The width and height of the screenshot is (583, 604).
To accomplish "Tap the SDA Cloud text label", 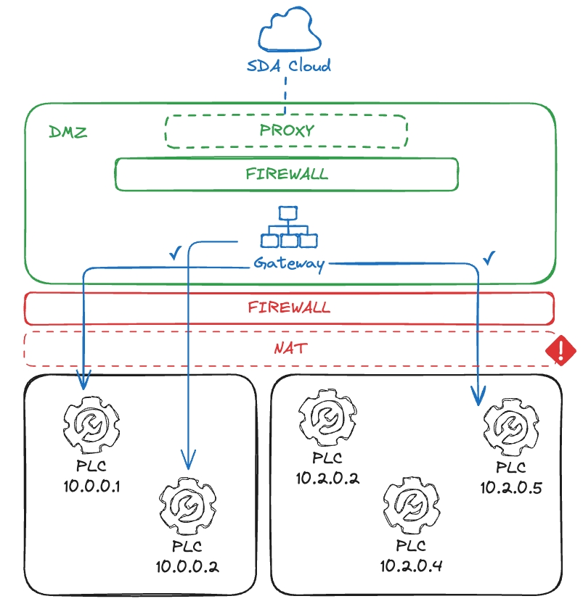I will click(288, 66).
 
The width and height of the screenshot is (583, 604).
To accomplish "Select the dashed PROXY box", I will click(286, 131).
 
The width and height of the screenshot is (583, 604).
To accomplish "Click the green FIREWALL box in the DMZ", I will click(286, 174).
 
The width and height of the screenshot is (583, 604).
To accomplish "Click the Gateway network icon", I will click(288, 228).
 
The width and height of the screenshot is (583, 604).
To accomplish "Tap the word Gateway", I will click(288, 263).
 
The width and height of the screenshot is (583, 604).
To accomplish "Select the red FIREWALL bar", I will click(289, 307).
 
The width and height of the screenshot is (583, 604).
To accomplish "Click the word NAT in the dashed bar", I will click(289, 349).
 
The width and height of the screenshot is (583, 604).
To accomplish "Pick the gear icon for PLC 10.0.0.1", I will click(91, 424).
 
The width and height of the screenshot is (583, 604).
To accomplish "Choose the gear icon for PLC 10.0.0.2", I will click(187, 508).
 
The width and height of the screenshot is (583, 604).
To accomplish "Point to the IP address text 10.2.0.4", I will click(410, 564).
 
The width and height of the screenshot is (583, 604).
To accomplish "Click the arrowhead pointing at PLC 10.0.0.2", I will click(187, 459).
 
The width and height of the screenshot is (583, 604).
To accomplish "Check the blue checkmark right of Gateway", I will click(489, 257).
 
